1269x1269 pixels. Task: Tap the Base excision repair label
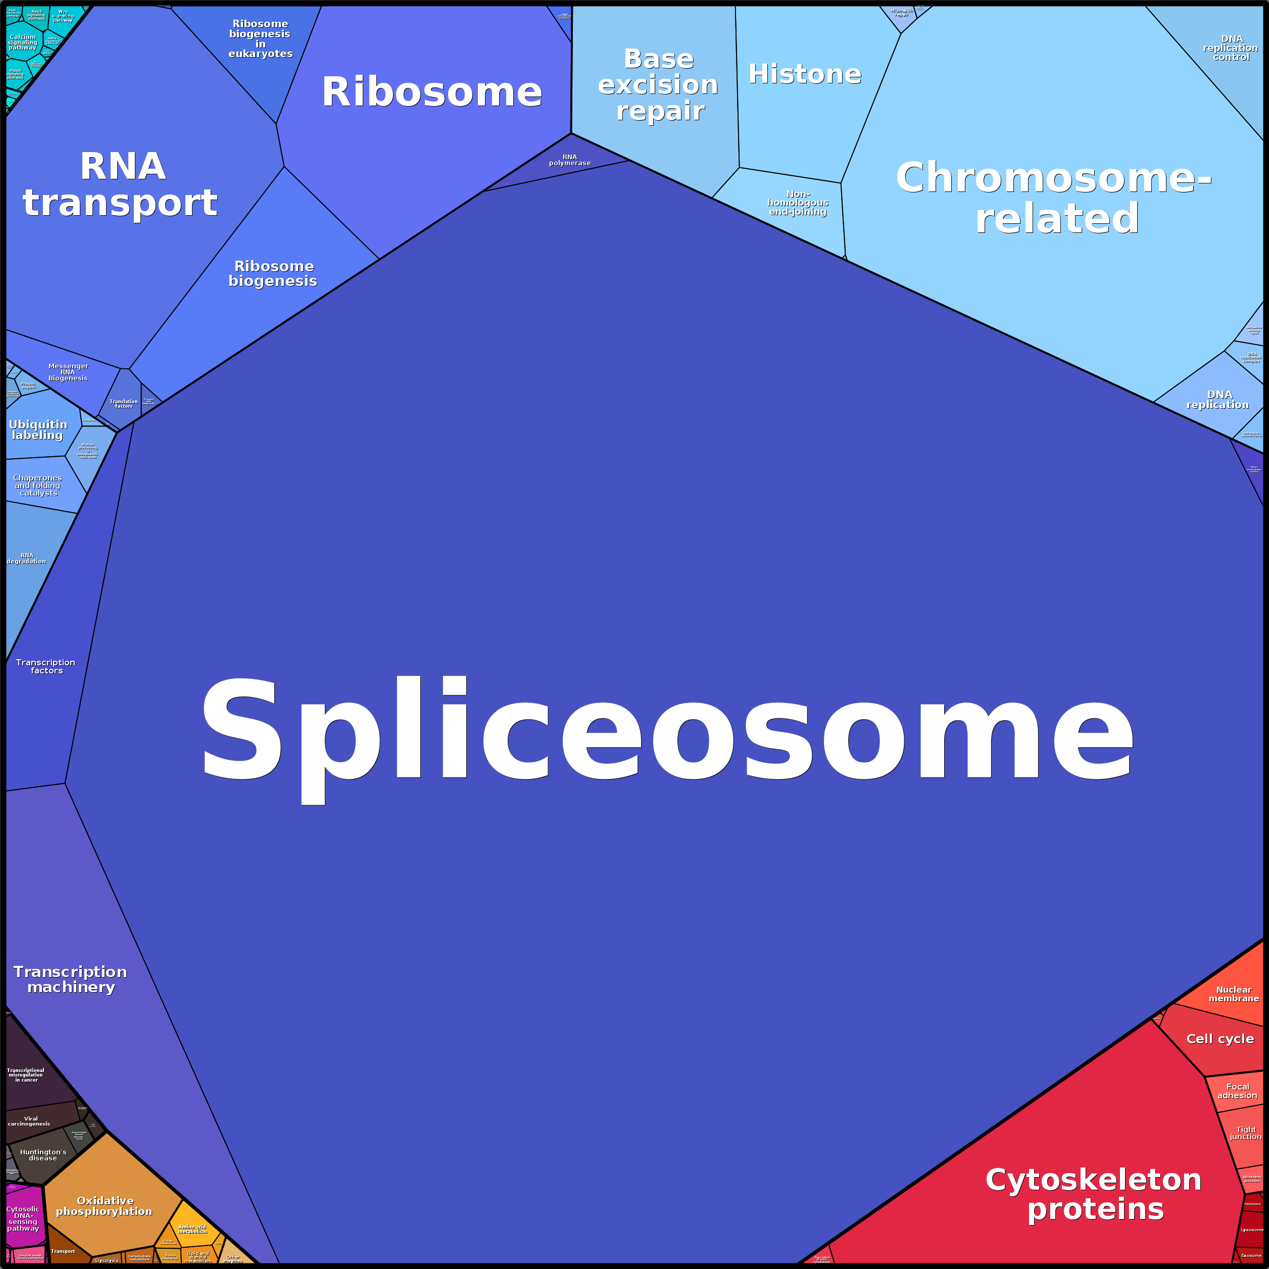pos(658,85)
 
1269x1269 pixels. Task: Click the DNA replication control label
pos(1230,48)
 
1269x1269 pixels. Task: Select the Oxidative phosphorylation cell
pos(105,1205)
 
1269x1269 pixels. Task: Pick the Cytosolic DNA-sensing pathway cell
pos(24,1219)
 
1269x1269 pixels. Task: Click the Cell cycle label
pos(1219,1039)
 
